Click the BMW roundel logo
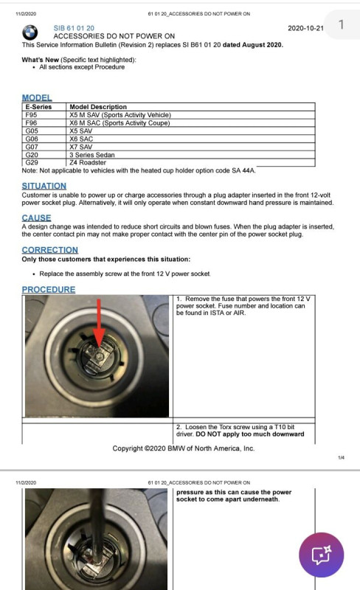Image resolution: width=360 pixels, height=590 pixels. coord(30,32)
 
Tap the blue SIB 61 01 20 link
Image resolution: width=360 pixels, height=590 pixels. coord(74,28)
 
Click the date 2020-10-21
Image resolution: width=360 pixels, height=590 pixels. coord(305,28)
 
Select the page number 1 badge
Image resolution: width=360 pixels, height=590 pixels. coord(341,25)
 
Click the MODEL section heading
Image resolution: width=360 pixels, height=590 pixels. coord(37,98)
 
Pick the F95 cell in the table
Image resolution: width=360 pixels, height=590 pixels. coord(31,115)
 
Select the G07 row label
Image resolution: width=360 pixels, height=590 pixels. coord(32,147)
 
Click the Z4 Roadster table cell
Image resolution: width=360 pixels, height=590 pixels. coord(88,162)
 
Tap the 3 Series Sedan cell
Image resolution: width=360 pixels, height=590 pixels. coord(92,155)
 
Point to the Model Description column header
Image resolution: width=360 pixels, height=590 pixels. coord(98,107)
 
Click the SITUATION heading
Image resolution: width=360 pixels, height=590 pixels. coord(44,186)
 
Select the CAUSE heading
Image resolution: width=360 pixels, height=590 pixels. coord(37,218)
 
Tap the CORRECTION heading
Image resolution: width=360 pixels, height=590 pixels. coord(50,250)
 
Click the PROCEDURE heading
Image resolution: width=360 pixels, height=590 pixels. coord(49,289)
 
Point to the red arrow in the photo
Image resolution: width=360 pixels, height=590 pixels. coord(99,323)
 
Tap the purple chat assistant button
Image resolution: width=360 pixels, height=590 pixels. coord(321,555)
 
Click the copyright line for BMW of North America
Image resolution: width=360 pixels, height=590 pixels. coord(184,448)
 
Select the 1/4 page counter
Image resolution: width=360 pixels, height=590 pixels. coord(341,457)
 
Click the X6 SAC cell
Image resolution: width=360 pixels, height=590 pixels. coord(81,139)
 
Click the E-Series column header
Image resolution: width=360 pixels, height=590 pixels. coord(38,107)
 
